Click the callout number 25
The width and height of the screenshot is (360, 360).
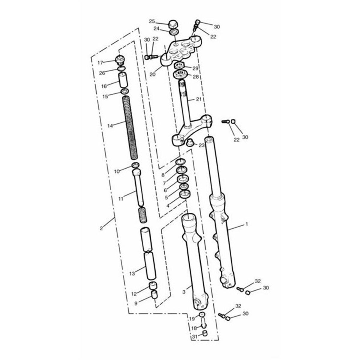(x=152, y=22)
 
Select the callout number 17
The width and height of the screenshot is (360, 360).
(x=100, y=63)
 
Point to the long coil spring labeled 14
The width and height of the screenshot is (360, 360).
(x=130, y=127)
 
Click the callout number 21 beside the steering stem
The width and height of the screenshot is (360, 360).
(x=199, y=99)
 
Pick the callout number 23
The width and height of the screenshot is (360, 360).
(x=201, y=145)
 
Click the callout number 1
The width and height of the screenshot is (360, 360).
(x=247, y=224)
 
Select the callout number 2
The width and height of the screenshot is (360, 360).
(x=101, y=228)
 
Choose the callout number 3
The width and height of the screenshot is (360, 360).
(x=184, y=292)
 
